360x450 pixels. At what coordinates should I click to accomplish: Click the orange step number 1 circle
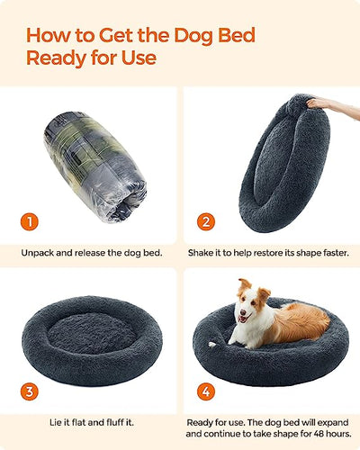click(30, 222)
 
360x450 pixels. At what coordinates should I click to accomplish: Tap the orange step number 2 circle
click(206, 222)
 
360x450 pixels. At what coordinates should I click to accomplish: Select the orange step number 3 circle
click(30, 391)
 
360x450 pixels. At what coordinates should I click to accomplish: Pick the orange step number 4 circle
click(206, 391)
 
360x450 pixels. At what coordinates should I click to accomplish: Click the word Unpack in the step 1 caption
click(37, 253)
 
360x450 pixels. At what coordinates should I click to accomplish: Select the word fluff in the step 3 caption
click(115, 422)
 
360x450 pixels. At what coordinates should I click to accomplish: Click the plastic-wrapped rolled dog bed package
click(95, 166)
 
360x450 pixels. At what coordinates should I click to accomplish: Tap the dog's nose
click(242, 312)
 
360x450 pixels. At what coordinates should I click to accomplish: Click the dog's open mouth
click(242, 319)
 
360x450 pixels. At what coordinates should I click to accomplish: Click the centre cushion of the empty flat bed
click(92, 333)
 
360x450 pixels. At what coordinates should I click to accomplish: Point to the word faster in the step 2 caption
click(336, 253)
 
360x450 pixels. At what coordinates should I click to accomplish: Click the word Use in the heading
click(139, 58)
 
